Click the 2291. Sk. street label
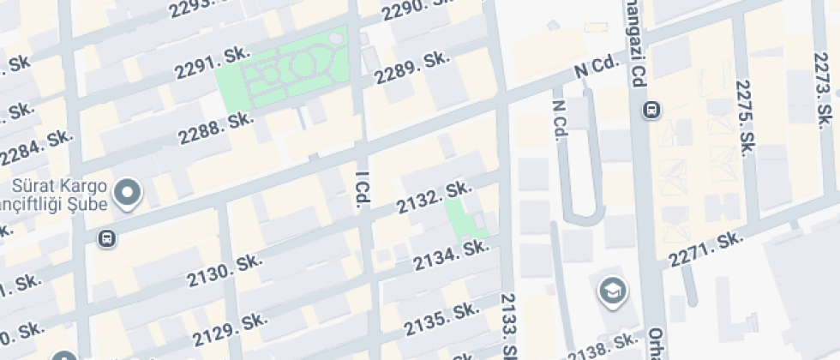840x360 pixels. (x=211, y=63)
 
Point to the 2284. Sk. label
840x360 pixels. (x=37, y=147)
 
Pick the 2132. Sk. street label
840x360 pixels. (x=434, y=196)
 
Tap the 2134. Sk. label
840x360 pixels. (x=450, y=255)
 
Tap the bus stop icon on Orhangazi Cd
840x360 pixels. (x=653, y=110)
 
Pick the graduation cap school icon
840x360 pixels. (x=612, y=291)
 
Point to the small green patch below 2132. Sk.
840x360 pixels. (x=463, y=219)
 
